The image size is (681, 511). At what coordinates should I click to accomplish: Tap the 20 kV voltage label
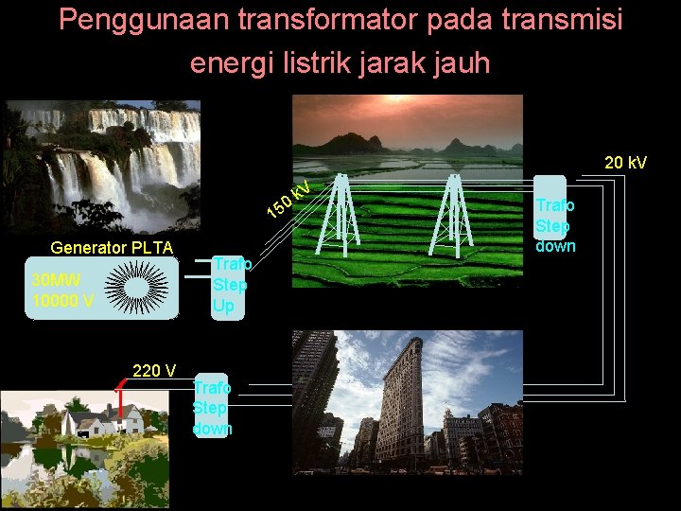[x=625, y=164]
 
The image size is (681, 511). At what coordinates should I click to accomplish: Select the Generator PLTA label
[x=112, y=249]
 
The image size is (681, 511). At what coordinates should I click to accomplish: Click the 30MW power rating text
[x=57, y=280]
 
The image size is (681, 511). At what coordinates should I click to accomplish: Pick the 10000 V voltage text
[x=62, y=301]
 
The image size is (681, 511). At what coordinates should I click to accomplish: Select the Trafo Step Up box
[x=230, y=285]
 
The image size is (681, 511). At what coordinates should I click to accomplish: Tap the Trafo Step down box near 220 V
[x=210, y=407]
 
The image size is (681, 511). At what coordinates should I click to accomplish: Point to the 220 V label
[x=154, y=371]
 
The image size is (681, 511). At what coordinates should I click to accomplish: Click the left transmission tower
[x=340, y=216]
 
